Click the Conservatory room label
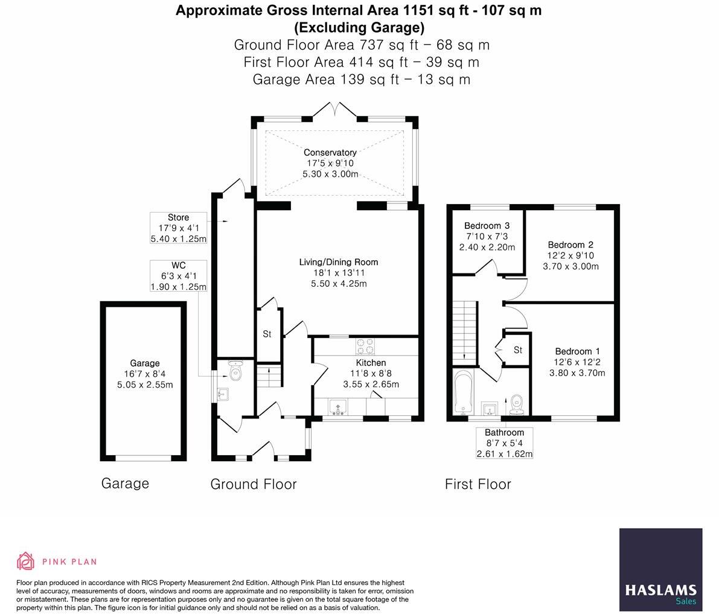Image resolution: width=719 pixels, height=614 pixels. pos(330,153)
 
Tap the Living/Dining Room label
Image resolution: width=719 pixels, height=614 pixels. pos(339,262)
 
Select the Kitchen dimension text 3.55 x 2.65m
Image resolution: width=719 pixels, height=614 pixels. pos(371,384)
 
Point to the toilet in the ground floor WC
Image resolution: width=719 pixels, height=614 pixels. pos(235,372)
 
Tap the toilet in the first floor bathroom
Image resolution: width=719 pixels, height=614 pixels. pos(516,405)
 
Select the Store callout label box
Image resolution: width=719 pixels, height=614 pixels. pos(178,228)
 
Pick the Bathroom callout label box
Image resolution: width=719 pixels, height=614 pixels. pos(504,443)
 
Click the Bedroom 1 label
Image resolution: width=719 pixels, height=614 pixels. pos(577,351)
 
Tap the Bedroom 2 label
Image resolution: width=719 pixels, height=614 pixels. pos(570,245)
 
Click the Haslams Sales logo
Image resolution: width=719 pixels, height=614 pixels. pos(660,569)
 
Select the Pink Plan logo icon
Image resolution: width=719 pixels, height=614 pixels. pos(25,561)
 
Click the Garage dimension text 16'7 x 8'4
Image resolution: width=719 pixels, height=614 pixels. pos(145,374)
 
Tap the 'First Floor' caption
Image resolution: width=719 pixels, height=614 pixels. pos(478,484)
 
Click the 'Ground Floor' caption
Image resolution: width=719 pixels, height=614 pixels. pos(254,484)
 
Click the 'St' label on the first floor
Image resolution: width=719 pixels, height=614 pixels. pos(517,350)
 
